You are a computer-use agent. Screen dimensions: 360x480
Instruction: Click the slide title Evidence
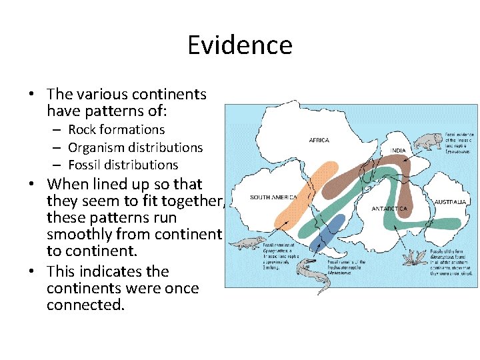239,45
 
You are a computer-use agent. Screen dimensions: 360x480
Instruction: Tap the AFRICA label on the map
319,140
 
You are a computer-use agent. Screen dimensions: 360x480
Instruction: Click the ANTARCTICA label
389,208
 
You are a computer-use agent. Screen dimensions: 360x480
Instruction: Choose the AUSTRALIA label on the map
450,201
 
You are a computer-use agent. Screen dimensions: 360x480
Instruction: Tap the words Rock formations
116,129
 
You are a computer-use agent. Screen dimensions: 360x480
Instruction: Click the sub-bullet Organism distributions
135,147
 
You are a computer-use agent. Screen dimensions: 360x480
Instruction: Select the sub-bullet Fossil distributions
123,165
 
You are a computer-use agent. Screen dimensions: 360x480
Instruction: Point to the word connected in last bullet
85,305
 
